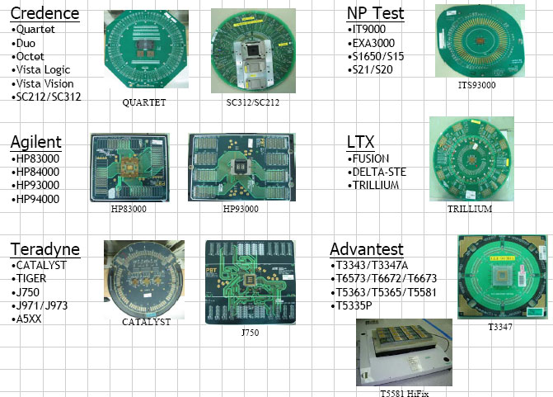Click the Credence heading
coord(45,13)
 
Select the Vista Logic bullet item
coord(41,70)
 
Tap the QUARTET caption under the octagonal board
coord(144,102)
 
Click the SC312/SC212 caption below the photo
coord(253,102)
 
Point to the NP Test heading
coord(375,13)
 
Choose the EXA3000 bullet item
coord(371,43)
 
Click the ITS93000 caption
coord(477,85)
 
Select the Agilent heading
coord(36,142)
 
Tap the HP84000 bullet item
coord(35,172)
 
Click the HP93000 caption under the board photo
coord(241,209)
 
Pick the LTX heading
coord(360,142)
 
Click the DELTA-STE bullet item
coord(377,172)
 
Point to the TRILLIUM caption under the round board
coord(470,209)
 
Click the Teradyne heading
coord(45,249)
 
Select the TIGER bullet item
coord(29,278)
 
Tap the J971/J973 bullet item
coord(40,305)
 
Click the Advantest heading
coord(367,249)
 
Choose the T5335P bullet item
coord(352,305)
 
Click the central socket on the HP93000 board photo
coord(241,166)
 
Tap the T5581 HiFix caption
coord(405,393)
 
